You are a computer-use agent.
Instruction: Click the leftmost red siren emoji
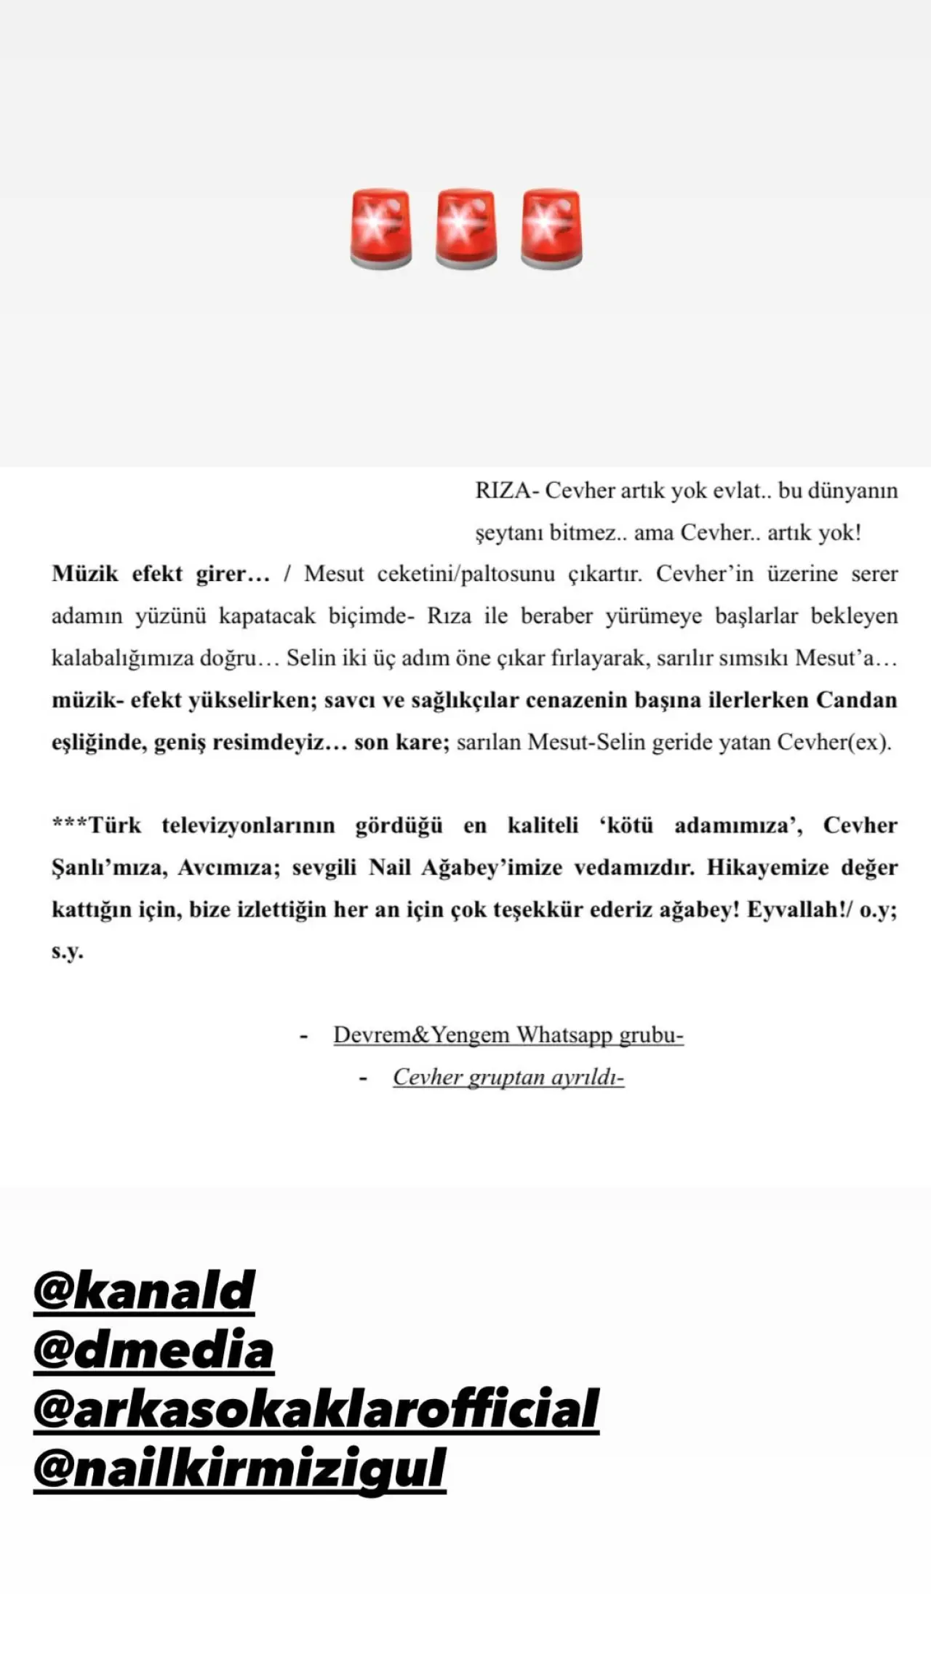coord(380,230)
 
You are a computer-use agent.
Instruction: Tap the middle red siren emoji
coord(465,230)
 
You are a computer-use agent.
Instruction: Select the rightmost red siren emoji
coord(551,230)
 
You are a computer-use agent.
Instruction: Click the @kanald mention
coord(144,1291)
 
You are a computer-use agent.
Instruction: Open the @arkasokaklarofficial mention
coord(316,1408)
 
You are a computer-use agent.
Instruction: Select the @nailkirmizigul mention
coord(239,1468)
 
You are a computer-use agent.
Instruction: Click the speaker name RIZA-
coord(506,491)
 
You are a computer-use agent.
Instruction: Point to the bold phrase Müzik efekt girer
coord(160,574)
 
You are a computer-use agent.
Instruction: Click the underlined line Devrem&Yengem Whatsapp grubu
coord(508,1035)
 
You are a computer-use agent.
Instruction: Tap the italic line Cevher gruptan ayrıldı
coord(508,1077)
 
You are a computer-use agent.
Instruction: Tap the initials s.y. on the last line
coord(67,951)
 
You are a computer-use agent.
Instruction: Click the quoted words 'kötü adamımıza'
coord(700,826)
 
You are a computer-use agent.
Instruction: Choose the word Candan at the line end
coord(856,700)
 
